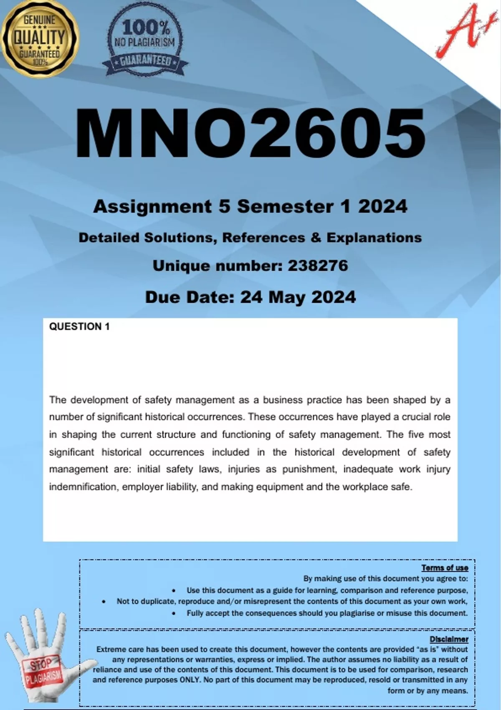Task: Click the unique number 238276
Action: point(318,266)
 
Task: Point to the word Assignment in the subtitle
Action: point(152,206)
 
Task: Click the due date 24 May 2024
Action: point(298,297)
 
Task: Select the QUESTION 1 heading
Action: point(79,327)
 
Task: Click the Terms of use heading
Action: point(445,568)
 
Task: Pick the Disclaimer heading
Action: point(449,639)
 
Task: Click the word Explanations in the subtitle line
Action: point(374,238)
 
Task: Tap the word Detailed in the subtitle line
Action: point(109,238)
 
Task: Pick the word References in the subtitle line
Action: point(263,238)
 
